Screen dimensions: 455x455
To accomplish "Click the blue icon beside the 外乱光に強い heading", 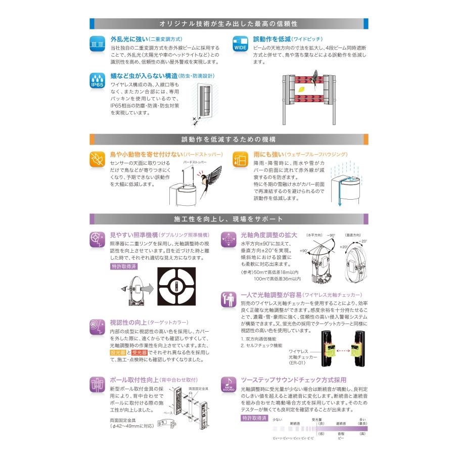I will (x=97, y=43).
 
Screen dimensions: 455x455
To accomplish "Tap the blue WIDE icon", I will (x=239, y=43).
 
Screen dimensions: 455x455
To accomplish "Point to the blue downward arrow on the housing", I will (x=340, y=202).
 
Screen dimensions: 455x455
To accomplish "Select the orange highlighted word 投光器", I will (x=118, y=352).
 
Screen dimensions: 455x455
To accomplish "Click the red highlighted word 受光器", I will (x=140, y=352).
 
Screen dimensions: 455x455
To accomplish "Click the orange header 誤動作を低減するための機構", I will (x=228, y=140).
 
